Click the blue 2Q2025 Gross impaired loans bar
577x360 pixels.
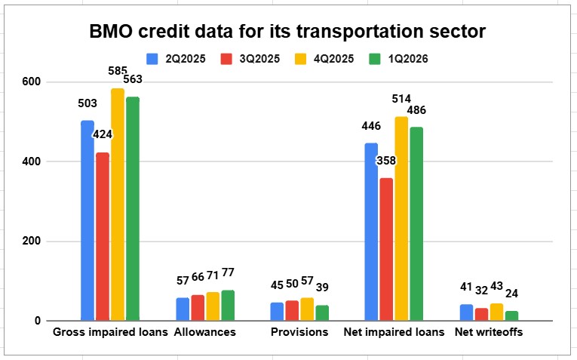click(87, 220)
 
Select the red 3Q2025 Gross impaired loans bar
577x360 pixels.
click(103, 236)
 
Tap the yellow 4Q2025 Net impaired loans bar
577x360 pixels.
click(401, 219)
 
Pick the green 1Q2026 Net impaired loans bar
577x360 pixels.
click(416, 224)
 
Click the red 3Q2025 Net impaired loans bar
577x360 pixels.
click(386, 249)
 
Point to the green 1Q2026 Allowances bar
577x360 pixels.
click(228, 306)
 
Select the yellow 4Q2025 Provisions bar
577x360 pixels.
click(307, 309)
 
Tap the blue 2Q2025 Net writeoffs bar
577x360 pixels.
click(466, 312)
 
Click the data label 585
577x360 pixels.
click(118, 71)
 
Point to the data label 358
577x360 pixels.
click(386, 161)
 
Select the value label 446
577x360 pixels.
click(371, 126)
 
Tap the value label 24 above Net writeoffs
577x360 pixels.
click(511, 294)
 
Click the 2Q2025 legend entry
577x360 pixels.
click(176, 59)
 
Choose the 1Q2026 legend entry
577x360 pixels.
click(398, 59)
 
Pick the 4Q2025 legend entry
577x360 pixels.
click(324, 59)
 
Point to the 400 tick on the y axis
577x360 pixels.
click(31, 162)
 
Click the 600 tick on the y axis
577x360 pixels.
click(31, 82)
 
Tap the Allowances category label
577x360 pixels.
click(205, 332)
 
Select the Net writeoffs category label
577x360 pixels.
click(489, 332)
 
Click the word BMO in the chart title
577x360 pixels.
click(111, 31)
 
